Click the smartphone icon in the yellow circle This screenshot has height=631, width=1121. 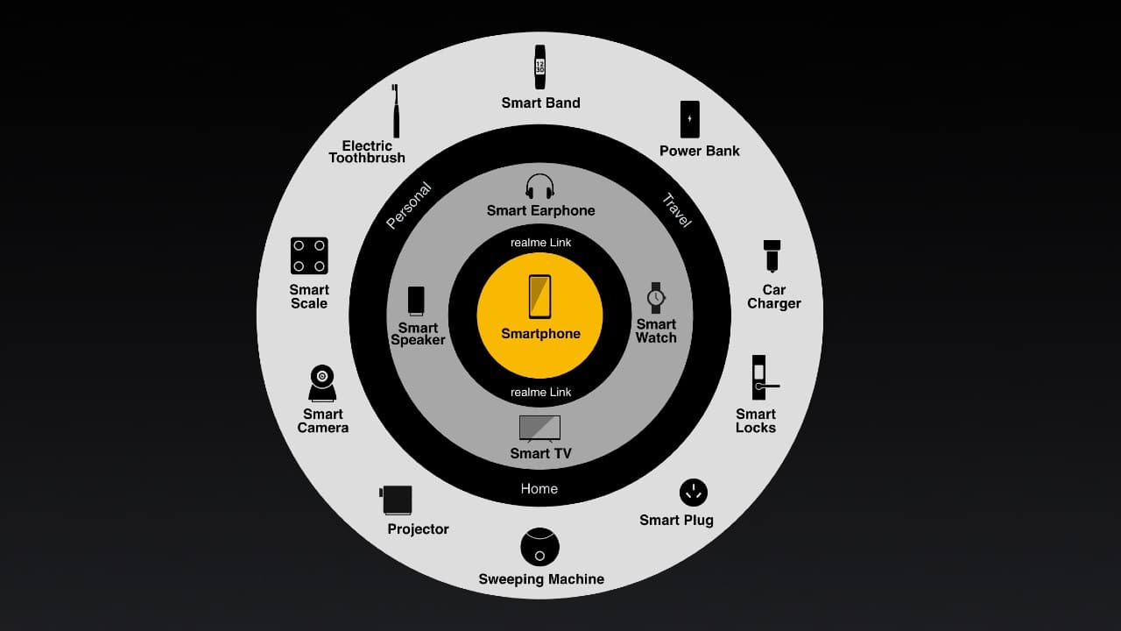[539, 296]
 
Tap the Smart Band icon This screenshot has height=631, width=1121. [540, 67]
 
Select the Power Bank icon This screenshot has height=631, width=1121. [690, 119]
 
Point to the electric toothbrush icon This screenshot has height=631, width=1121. [396, 111]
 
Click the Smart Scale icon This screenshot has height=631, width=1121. [309, 256]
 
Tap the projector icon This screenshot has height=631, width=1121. [397, 500]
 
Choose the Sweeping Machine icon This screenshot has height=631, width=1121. [539, 547]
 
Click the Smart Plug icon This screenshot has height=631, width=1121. [693, 493]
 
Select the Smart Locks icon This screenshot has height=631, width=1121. [760, 378]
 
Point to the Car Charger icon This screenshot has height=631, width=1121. [772, 256]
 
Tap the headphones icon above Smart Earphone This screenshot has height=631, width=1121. [540, 187]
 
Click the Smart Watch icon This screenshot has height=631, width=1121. [656, 298]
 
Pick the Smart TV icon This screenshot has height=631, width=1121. [539, 428]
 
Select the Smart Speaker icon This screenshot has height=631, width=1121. [416, 301]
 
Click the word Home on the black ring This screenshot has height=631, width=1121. [539, 489]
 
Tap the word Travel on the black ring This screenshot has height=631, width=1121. [677, 210]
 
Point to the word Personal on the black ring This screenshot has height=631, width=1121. [409, 205]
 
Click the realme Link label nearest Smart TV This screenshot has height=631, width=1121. [541, 393]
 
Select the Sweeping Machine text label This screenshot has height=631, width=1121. [541, 579]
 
